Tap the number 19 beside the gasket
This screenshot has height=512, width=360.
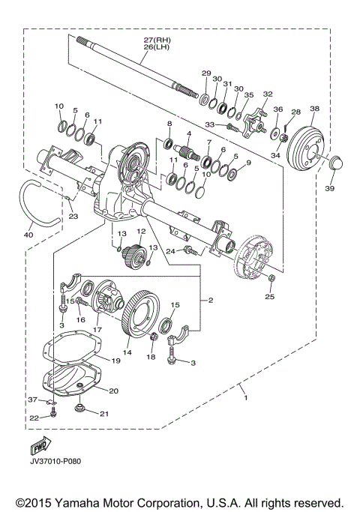point(115,361)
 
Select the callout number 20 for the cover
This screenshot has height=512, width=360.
point(113,391)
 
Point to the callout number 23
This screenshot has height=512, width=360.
point(73,217)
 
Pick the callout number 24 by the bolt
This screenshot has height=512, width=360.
point(172,251)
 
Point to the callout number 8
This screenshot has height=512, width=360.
point(169,123)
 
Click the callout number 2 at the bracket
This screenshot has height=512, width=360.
point(211,300)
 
